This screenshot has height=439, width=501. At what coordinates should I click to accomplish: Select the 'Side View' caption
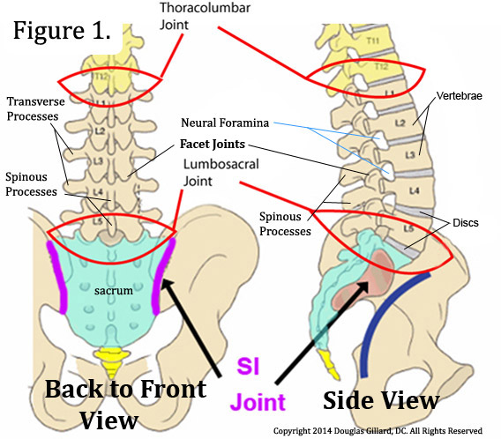tap(380, 400)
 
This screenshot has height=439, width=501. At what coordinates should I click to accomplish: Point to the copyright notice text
tap(385, 431)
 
